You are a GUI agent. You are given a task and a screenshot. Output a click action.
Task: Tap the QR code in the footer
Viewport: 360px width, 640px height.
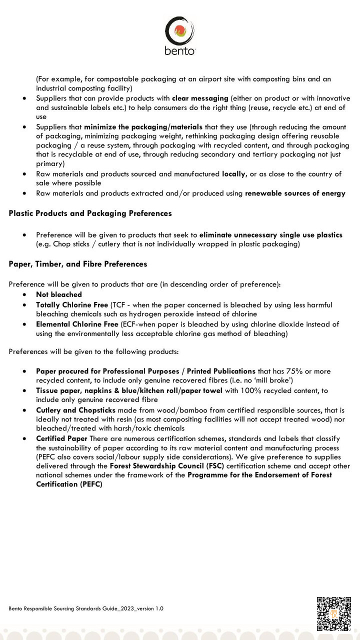coord(333,613)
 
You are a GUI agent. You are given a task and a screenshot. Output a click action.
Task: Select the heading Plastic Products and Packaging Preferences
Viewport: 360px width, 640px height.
coord(90,213)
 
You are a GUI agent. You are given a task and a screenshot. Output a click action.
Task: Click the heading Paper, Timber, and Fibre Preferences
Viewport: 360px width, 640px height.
coord(78,264)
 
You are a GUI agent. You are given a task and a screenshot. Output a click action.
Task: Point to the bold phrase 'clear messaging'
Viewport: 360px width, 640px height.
coord(200,98)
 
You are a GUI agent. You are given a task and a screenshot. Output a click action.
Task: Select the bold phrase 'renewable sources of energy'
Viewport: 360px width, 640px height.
coord(295,193)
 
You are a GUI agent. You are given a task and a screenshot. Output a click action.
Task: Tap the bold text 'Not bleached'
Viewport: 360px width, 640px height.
coord(58,295)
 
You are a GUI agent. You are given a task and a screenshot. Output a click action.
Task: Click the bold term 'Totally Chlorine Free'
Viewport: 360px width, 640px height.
coord(72,304)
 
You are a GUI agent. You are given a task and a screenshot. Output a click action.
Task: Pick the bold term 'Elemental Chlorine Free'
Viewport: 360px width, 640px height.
coord(77,324)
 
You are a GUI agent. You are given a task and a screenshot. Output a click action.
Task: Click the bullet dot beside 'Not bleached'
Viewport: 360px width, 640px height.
coord(24,295)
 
